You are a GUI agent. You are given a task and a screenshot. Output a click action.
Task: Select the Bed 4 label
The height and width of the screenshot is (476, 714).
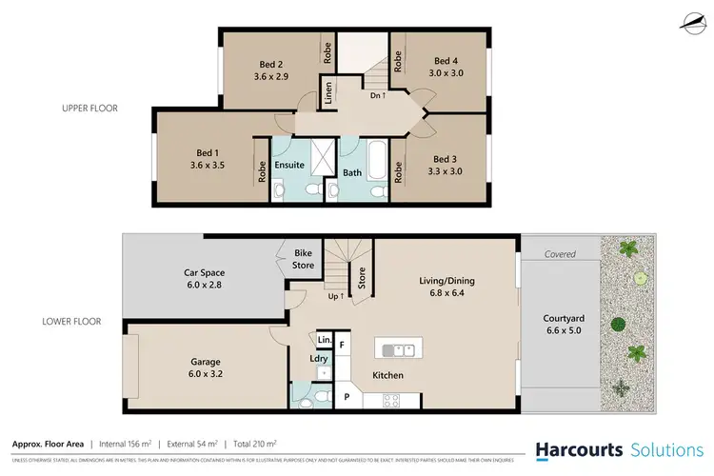point(446,58)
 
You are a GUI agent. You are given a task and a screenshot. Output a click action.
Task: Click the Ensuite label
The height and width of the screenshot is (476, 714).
point(289,165)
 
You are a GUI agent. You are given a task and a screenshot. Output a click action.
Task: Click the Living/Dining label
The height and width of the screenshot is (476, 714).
point(446,281)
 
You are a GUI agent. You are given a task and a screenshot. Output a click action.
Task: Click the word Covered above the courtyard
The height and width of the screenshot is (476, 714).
point(561,254)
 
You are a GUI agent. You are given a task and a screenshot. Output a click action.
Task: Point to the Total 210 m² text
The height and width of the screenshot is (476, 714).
point(250,444)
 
